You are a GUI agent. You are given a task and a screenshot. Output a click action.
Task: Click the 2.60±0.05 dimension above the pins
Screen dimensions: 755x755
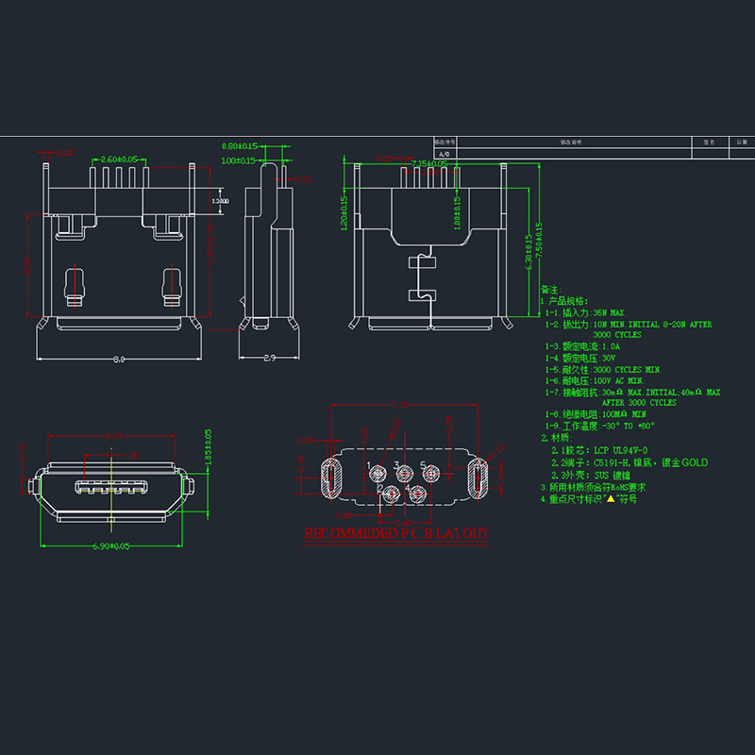tap(119, 159)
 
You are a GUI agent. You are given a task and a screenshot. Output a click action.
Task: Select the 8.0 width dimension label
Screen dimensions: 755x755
tap(120, 359)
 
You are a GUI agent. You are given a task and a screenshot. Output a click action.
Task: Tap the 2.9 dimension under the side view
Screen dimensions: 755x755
tap(268, 359)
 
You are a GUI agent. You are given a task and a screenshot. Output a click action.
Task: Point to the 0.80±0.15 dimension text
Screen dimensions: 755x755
tap(240, 146)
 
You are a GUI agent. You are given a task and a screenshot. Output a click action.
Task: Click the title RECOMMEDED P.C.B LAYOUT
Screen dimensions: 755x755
tap(396, 534)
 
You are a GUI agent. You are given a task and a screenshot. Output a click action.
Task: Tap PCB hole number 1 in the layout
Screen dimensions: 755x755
tap(377, 472)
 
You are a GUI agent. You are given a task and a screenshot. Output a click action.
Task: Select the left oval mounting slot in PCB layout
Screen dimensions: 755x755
tap(332, 477)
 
